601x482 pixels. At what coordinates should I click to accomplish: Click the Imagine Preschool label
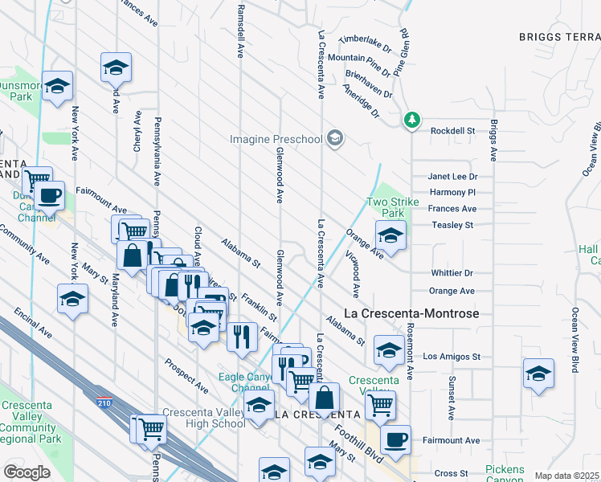click(276, 139)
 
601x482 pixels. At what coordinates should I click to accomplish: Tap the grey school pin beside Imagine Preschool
click(335, 139)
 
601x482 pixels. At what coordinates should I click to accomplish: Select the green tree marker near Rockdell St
click(412, 120)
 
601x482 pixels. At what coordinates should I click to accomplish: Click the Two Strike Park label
click(393, 207)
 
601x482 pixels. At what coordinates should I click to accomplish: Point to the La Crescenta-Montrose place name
click(411, 312)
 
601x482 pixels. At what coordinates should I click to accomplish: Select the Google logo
click(27, 472)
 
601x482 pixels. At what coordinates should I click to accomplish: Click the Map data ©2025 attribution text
click(567, 476)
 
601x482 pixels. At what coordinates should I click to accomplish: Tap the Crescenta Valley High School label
click(205, 418)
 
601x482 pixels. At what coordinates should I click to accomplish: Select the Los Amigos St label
click(452, 356)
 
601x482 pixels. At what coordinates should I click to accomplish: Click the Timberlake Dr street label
click(365, 39)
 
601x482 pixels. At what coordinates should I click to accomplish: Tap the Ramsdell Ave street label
click(239, 32)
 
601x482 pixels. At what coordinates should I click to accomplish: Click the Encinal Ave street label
click(32, 321)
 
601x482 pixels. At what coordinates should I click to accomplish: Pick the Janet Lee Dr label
click(452, 176)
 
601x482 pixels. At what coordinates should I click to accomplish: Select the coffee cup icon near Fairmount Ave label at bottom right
click(395, 439)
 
